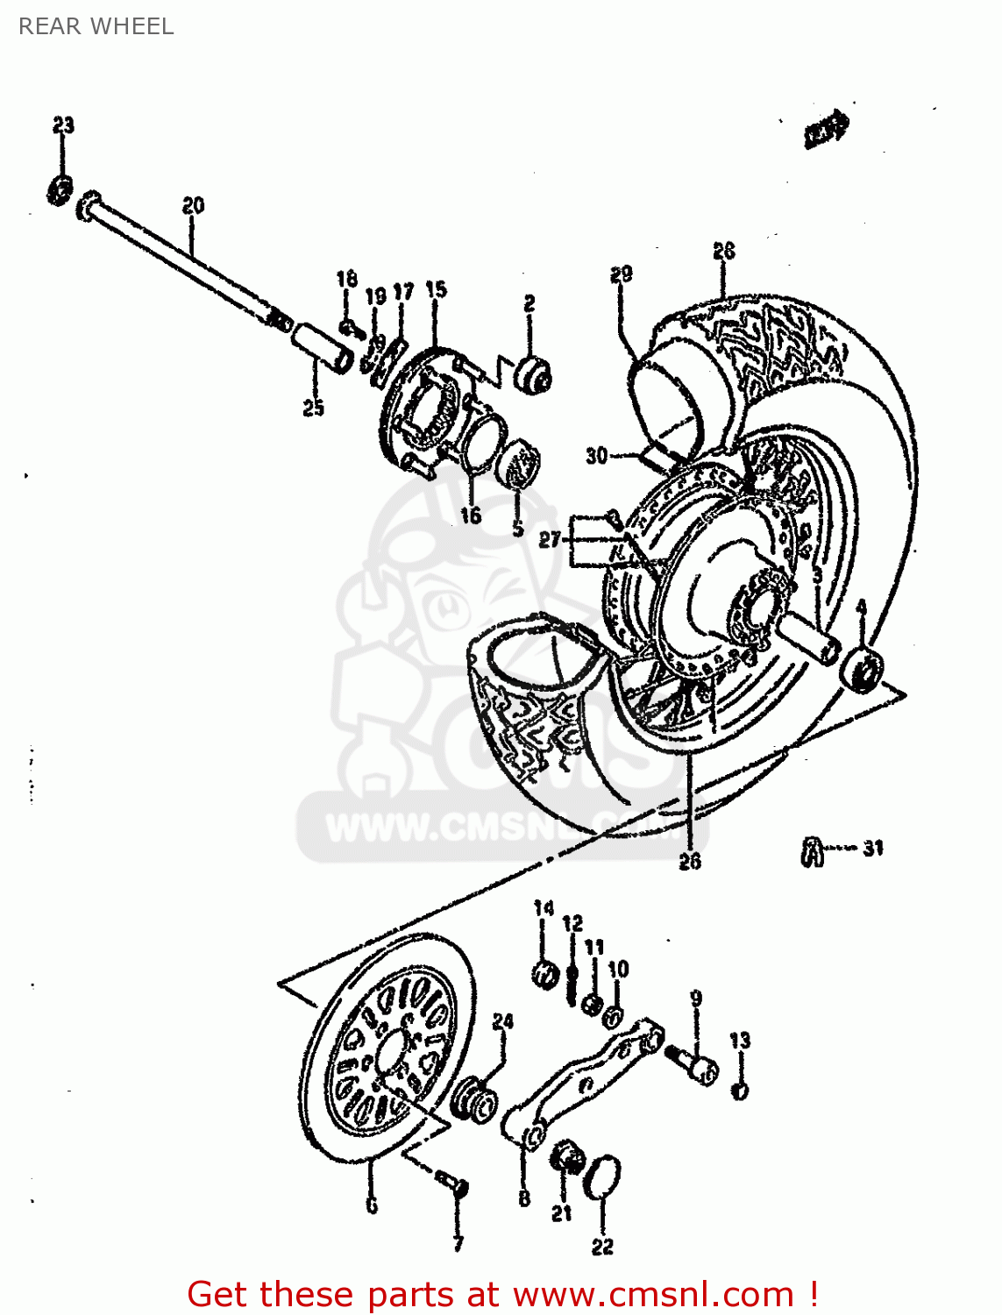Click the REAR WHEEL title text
(x=96, y=26)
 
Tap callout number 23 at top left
(x=63, y=125)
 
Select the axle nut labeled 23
(x=60, y=189)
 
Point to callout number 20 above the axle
(x=193, y=205)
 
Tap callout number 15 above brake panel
(x=436, y=289)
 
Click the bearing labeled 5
(x=518, y=466)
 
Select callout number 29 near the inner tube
(x=621, y=274)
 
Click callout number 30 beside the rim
(x=596, y=456)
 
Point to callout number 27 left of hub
(x=549, y=540)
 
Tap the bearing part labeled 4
(x=863, y=669)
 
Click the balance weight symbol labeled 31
(x=813, y=850)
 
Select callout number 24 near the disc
(x=503, y=1021)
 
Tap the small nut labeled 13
(x=740, y=1091)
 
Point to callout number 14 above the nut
(x=544, y=908)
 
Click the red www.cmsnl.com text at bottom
(x=652, y=1295)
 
